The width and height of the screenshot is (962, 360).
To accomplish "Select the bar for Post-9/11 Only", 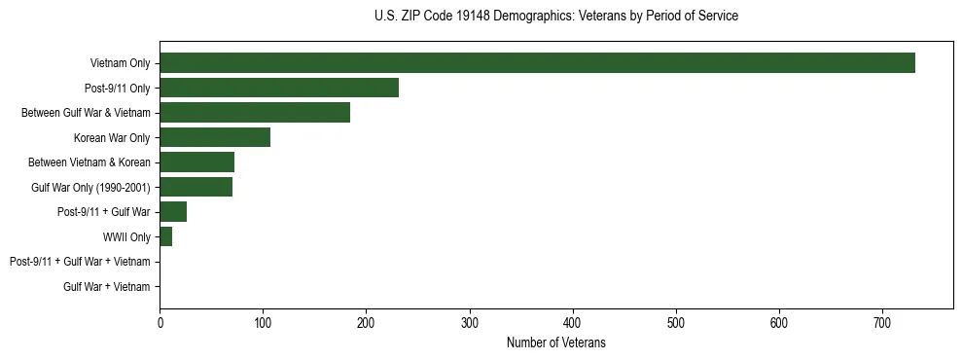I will [x=279, y=89].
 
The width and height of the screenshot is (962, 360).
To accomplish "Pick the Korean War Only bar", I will [x=215, y=137].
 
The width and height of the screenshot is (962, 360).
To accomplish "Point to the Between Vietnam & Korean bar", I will [x=197, y=162].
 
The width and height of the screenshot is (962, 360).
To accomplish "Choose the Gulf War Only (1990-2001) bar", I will [x=196, y=187].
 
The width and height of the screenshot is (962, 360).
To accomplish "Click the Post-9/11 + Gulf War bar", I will [x=173, y=212].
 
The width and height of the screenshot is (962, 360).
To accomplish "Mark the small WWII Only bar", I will [x=166, y=236].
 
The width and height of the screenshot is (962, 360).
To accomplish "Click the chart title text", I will [x=556, y=17].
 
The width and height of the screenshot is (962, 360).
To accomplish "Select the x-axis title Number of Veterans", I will [x=556, y=342].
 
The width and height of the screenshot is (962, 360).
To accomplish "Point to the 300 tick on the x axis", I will [x=470, y=323].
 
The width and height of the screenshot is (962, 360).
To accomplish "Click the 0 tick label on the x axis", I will [x=160, y=323].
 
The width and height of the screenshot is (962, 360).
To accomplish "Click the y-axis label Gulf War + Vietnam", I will [x=107, y=286].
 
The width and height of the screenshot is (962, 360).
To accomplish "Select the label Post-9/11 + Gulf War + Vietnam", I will [x=80, y=262].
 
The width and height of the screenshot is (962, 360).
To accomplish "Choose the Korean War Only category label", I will [x=112, y=137].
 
